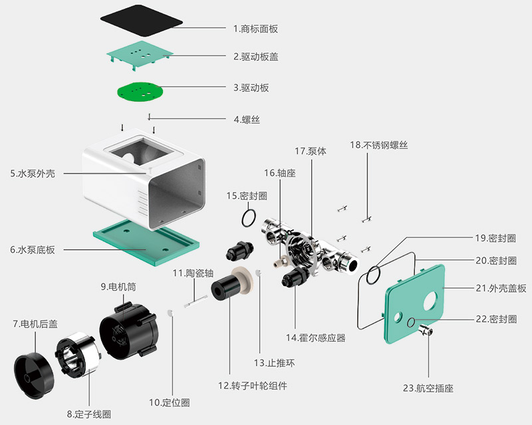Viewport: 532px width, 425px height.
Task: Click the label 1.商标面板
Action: (255, 29)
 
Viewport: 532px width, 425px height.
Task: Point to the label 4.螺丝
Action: (246, 120)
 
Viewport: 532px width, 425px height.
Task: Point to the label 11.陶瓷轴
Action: (192, 273)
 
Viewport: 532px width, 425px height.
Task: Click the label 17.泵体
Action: (311, 151)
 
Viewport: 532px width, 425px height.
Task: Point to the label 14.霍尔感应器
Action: (316, 338)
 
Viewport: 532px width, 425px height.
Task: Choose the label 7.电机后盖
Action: (35, 324)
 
